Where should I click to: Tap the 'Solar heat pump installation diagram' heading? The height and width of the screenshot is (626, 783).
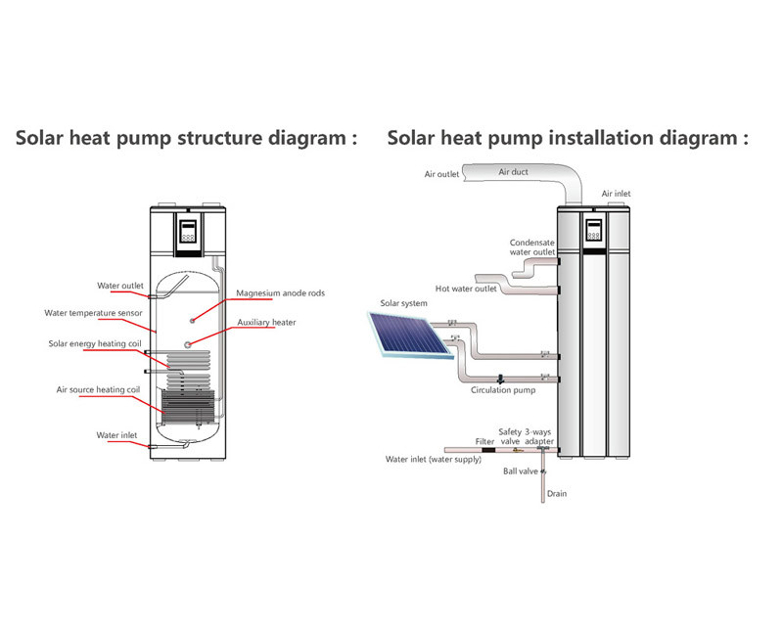pyautogui.click(x=568, y=138)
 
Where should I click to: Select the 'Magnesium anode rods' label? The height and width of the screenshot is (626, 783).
pyautogui.click(x=280, y=292)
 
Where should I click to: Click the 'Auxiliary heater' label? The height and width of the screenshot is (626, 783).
pyautogui.click(x=266, y=322)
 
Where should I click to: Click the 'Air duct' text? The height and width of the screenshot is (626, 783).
pyautogui.click(x=513, y=172)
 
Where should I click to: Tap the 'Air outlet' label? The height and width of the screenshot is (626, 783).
pyautogui.click(x=441, y=175)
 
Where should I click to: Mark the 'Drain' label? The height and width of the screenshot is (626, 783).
pyautogui.click(x=557, y=494)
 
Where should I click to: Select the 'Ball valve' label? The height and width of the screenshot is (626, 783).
pyautogui.click(x=518, y=470)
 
